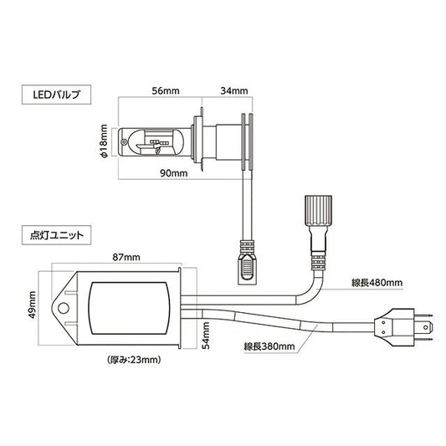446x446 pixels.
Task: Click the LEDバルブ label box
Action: click(56, 95)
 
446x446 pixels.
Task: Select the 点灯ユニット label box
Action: click(56, 235)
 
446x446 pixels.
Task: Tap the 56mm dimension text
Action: click(166, 91)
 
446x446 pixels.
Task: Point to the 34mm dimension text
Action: click(234, 90)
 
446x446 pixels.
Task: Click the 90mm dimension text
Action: click(174, 173)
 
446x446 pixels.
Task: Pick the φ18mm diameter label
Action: click(104, 141)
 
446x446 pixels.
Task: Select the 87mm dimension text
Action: click(126, 257)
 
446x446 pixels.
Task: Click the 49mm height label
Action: click(33, 305)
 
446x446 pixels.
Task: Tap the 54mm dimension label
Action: click(206, 336)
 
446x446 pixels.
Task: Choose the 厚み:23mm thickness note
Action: click(134, 360)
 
